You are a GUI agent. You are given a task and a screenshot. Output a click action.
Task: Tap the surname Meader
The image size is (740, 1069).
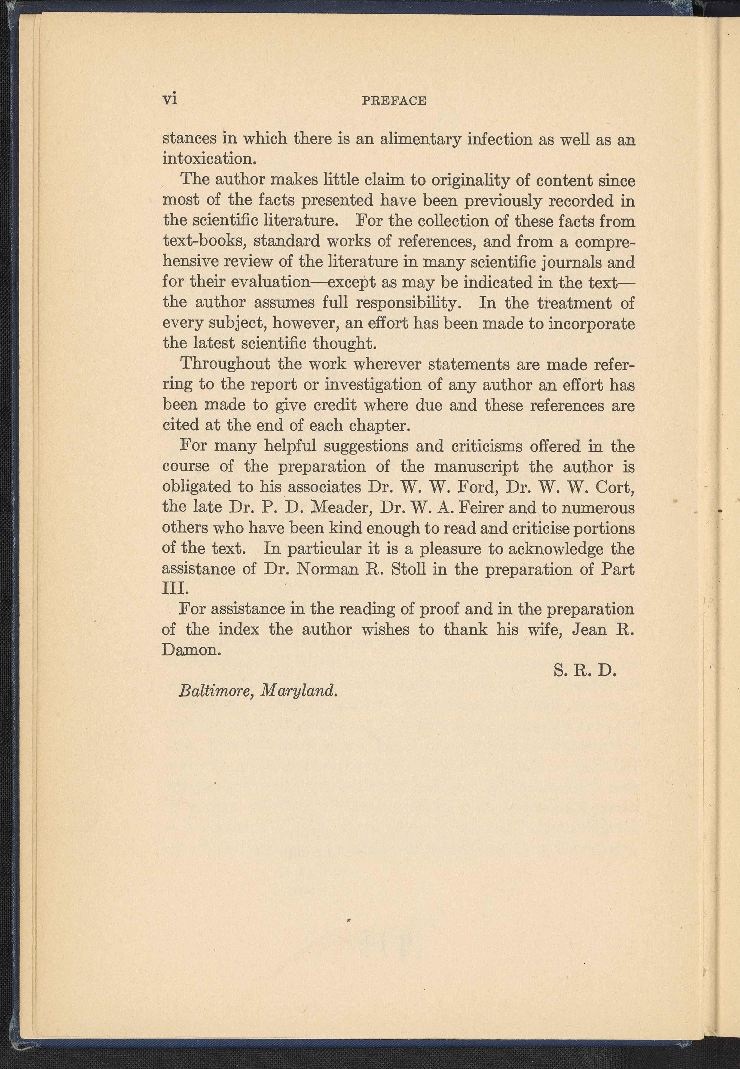[340, 507]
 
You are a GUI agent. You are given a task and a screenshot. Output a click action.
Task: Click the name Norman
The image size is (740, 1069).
[327, 568]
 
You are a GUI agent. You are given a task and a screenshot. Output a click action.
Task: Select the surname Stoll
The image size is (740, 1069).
[408, 568]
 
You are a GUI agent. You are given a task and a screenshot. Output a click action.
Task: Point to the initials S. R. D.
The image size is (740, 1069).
[585, 671]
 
